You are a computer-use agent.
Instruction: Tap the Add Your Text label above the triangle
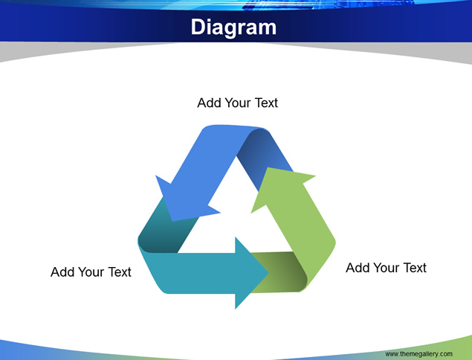[237, 103]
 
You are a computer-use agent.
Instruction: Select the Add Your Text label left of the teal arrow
[91, 272]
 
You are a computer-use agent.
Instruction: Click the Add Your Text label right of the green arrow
[386, 268]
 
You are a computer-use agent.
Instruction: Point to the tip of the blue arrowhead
[172, 221]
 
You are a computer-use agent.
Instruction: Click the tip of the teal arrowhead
[268, 273]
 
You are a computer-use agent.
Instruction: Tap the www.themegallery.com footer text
[418, 353]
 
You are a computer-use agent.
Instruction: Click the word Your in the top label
[238, 103]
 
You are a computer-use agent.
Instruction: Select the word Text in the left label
[120, 272]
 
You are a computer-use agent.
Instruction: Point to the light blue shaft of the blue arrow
[210, 160]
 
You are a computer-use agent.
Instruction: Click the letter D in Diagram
[198, 27]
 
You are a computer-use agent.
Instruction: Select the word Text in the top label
[266, 103]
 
